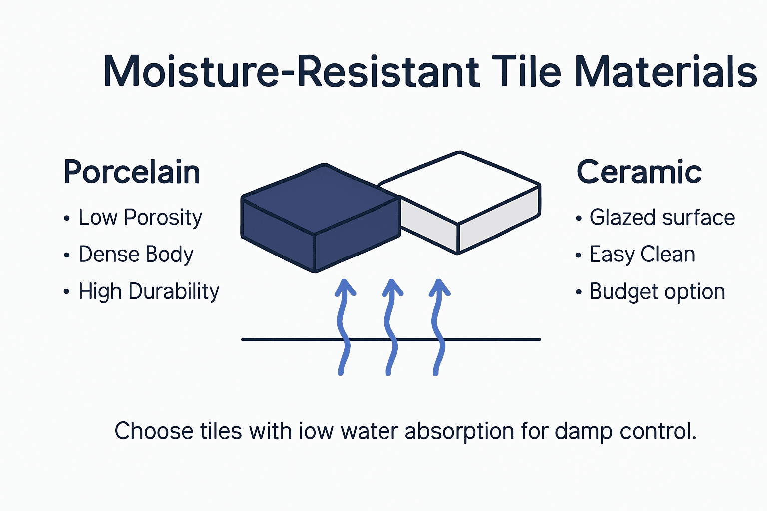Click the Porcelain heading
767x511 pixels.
coord(132,172)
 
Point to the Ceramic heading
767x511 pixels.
coord(639,172)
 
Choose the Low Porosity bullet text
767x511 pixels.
coord(140,218)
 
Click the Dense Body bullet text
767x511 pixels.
coord(135,255)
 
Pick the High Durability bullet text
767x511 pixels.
coord(148,292)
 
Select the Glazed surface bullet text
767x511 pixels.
coord(662,218)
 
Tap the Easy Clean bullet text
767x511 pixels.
coord(642,255)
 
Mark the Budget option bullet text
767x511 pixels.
coord(657,292)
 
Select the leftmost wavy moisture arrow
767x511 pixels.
coord(344,327)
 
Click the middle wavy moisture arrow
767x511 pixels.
coord(391,327)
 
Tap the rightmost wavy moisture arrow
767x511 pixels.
coord(438,327)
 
